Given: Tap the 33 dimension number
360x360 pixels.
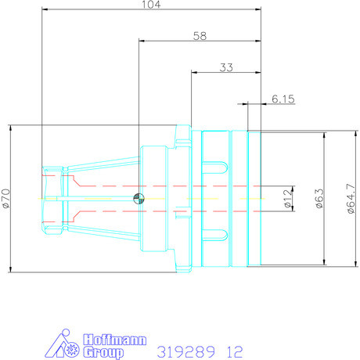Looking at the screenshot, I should point(226,68).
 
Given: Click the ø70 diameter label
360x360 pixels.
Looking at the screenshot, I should point(5,198).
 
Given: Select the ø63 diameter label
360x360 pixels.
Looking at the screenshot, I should point(319,198).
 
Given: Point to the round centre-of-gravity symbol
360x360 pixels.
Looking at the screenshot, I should point(138,198).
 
